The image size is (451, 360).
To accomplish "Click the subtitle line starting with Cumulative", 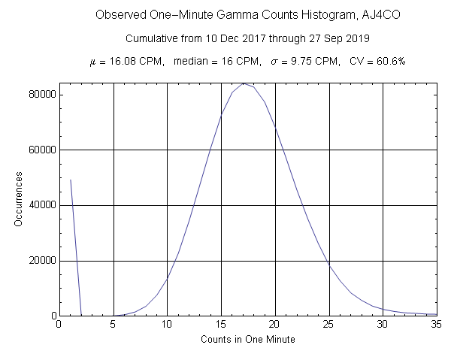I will [247, 38].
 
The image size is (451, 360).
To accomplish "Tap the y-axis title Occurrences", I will [20, 199].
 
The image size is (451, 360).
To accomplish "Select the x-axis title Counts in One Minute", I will [247, 340].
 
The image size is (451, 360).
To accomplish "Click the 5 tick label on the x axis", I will [113, 324].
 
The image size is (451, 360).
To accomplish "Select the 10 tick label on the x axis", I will [167, 324].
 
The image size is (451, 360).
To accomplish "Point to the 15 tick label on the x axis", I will [221, 324].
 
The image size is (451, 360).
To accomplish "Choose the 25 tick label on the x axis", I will [328, 324].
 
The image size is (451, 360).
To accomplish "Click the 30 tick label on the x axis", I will [383, 324].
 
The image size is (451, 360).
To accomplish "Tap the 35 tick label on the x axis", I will [437, 324].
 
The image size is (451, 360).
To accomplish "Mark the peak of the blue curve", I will [243, 83].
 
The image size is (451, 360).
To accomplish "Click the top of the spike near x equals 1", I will [71, 180].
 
